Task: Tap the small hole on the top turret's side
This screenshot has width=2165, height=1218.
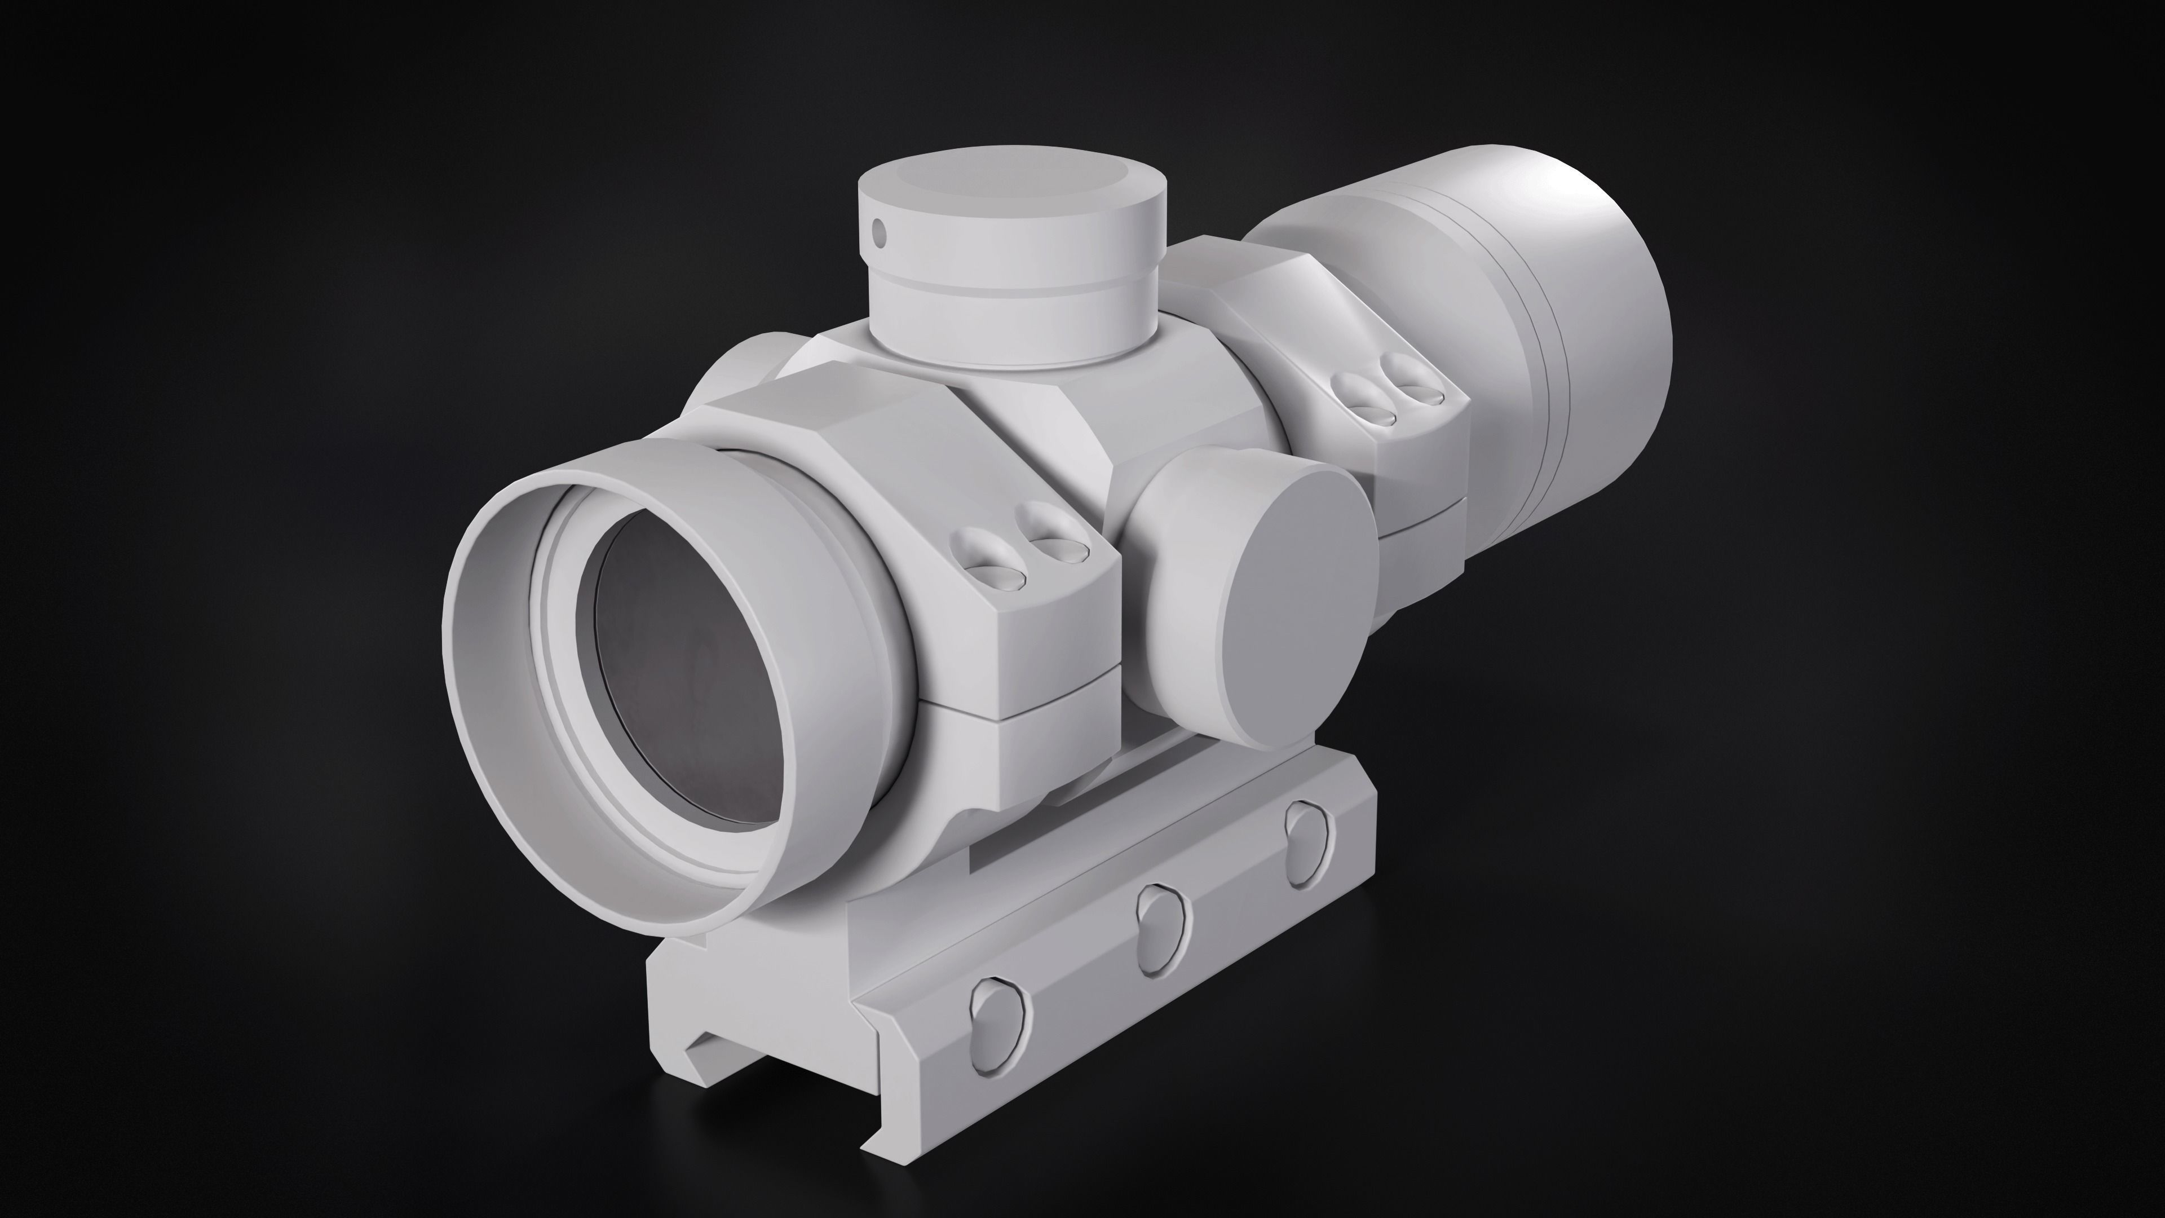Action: click(879, 228)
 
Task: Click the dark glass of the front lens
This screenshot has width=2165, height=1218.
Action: click(689, 673)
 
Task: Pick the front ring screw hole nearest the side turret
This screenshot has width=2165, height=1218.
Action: click(1055, 545)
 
